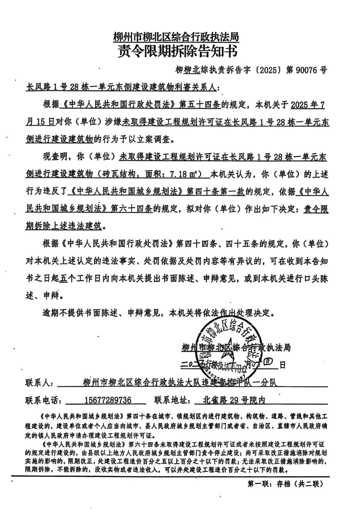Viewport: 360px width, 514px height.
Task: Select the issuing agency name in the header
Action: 176,37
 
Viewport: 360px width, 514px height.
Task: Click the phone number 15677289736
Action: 108,400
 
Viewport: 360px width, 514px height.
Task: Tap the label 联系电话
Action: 43,400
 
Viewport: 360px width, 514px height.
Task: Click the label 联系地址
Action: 172,400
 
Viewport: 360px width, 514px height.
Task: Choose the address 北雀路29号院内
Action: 234,400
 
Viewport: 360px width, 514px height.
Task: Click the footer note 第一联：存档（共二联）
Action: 285,492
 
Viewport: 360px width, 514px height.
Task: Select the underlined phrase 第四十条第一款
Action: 216,192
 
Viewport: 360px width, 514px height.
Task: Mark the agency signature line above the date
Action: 236,348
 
